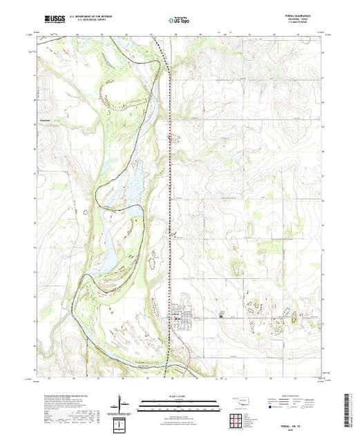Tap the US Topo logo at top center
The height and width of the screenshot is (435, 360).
click(179, 21)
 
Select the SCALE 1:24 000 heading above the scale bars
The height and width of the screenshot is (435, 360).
click(179, 396)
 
